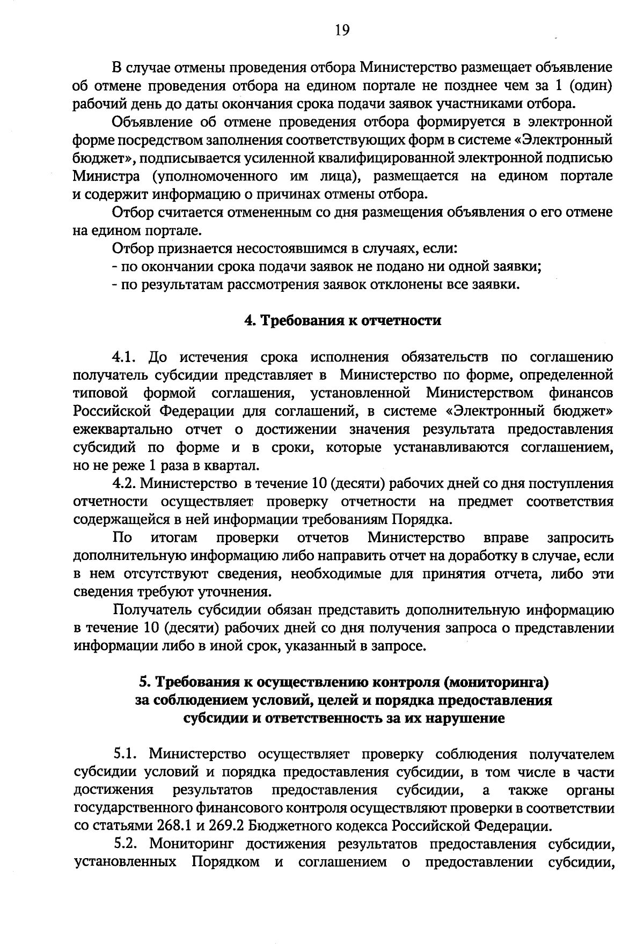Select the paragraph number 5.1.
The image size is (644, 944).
pyautogui.click(x=128, y=755)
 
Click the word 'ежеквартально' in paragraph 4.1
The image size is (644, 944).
pyautogui.click(x=122, y=430)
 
